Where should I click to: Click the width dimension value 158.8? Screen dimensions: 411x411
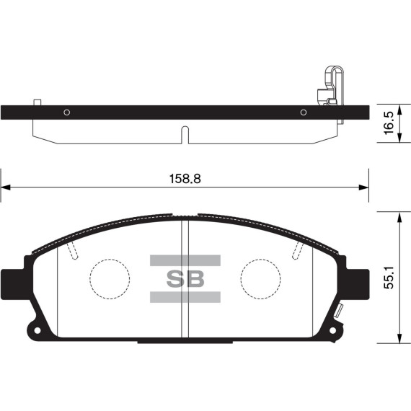pos(185,178)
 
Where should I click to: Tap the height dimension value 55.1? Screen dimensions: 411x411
pos(390,277)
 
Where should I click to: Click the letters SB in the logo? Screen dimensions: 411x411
pos(185,278)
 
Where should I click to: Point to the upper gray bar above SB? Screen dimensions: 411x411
pos(185,260)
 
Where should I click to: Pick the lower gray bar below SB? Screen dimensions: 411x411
pos(185,296)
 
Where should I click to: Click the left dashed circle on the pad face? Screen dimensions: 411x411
pos(109,278)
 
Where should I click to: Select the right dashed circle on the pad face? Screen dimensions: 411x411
pos(261,278)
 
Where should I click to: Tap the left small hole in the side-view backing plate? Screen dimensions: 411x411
pos(66,112)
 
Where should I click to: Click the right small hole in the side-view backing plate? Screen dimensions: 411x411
pos(303,112)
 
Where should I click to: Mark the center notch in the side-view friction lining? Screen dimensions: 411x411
pos(185,134)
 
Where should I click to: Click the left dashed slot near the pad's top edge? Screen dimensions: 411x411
pos(72,249)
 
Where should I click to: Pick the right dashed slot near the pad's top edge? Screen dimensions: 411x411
pos(297,249)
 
